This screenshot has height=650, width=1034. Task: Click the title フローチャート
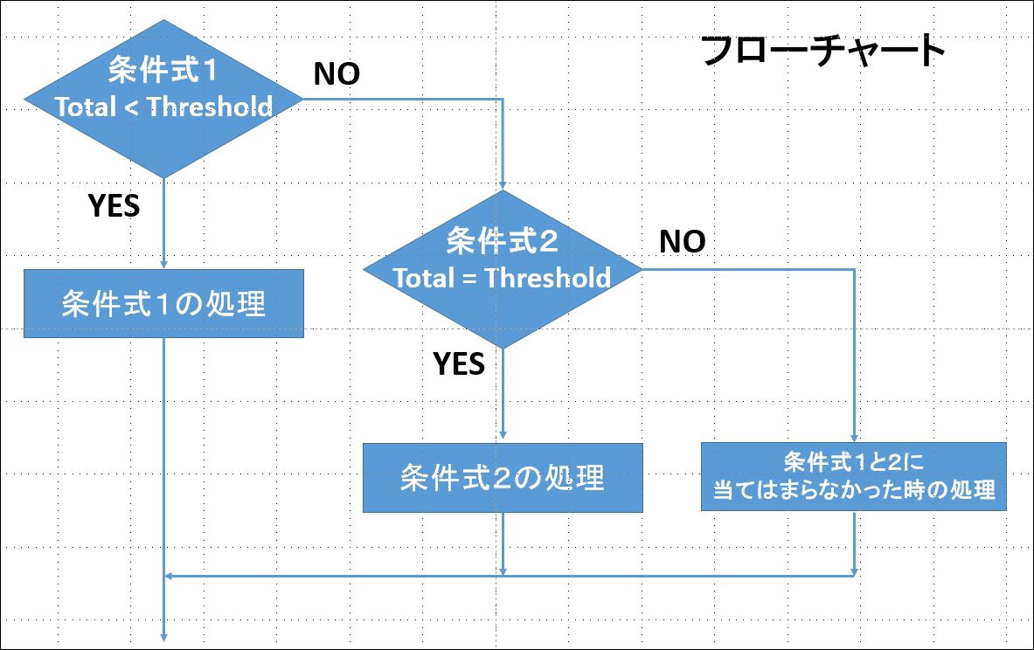click(823, 50)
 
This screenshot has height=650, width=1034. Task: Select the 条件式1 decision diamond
click(163, 99)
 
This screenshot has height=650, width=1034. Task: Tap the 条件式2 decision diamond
click(503, 269)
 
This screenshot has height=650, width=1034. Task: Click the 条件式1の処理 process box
click(163, 303)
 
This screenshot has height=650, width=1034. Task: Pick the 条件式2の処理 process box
click(503, 477)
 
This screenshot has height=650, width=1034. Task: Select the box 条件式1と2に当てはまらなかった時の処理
click(853, 476)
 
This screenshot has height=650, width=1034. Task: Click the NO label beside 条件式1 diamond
click(337, 74)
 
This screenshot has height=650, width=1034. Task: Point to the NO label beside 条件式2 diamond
click(683, 241)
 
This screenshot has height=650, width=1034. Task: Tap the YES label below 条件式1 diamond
click(115, 205)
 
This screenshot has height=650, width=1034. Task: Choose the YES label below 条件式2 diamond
click(459, 363)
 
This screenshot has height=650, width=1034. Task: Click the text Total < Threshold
click(163, 106)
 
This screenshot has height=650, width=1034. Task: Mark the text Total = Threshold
click(502, 278)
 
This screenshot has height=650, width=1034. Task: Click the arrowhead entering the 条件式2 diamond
click(503, 185)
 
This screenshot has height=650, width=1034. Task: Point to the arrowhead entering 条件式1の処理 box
click(163, 264)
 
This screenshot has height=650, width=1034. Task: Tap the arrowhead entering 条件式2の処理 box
click(503, 435)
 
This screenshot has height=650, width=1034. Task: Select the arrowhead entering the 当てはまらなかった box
click(854, 438)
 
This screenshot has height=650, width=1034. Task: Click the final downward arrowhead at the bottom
click(163, 637)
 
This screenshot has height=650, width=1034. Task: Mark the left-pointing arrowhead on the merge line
click(168, 576)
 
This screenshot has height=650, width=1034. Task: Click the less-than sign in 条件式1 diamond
click(132, 107)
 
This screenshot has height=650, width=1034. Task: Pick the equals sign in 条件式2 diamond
click(469, 279)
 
